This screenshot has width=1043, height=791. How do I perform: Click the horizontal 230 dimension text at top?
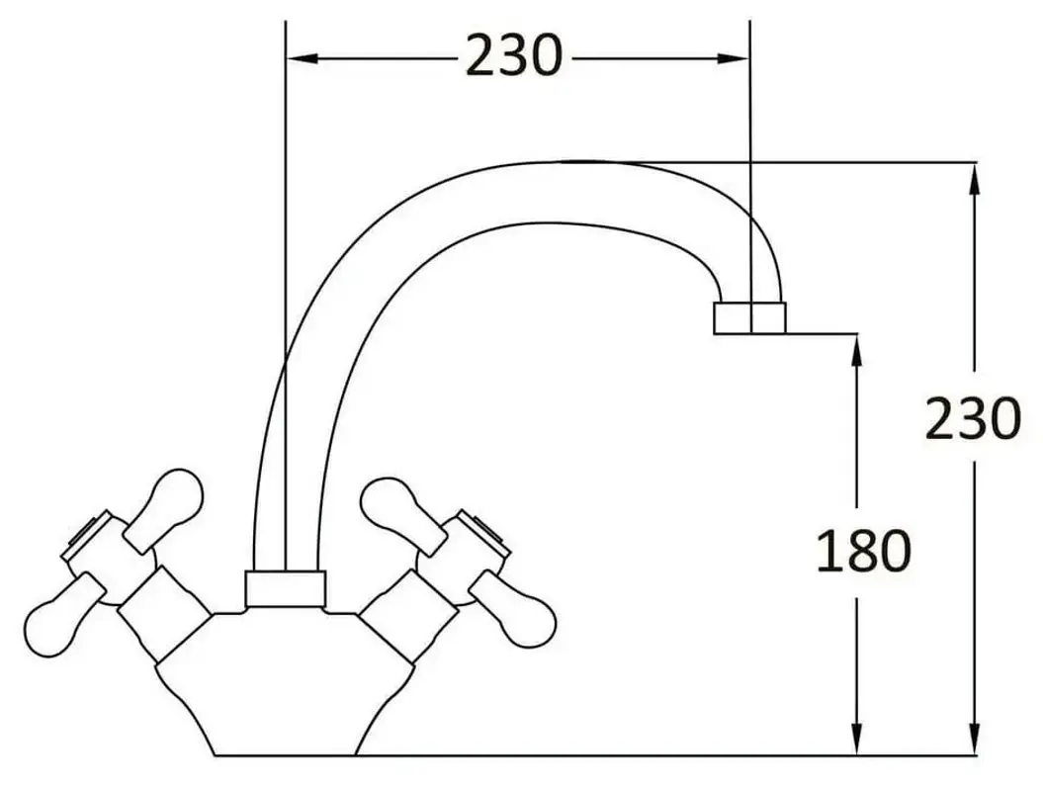(513, 56)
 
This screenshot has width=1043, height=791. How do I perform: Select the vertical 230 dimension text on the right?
(973, 419)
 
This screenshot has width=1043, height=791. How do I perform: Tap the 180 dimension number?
(862, 551)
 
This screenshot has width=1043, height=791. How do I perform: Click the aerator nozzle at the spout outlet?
(749, 316)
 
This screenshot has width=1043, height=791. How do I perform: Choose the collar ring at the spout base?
(285, 588)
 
